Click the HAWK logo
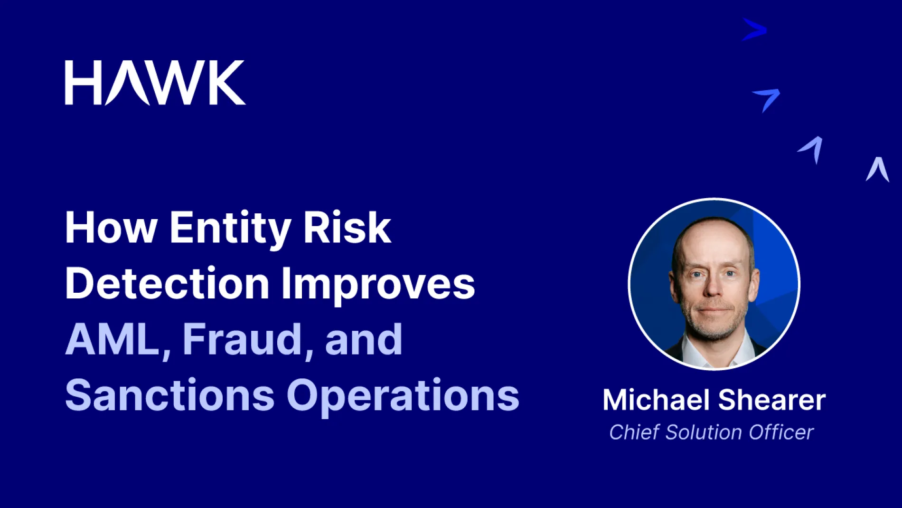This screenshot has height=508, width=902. click(155, 82)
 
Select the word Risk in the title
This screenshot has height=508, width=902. click(347, 228)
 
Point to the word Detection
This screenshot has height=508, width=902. click(167, 284)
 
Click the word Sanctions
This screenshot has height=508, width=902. click(170, 395)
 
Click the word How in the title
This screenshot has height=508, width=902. click(111, 228)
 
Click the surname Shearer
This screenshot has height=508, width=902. click(772, 400)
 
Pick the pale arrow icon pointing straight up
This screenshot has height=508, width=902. click(877, 170)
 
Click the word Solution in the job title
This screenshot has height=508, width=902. click(704, 432)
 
